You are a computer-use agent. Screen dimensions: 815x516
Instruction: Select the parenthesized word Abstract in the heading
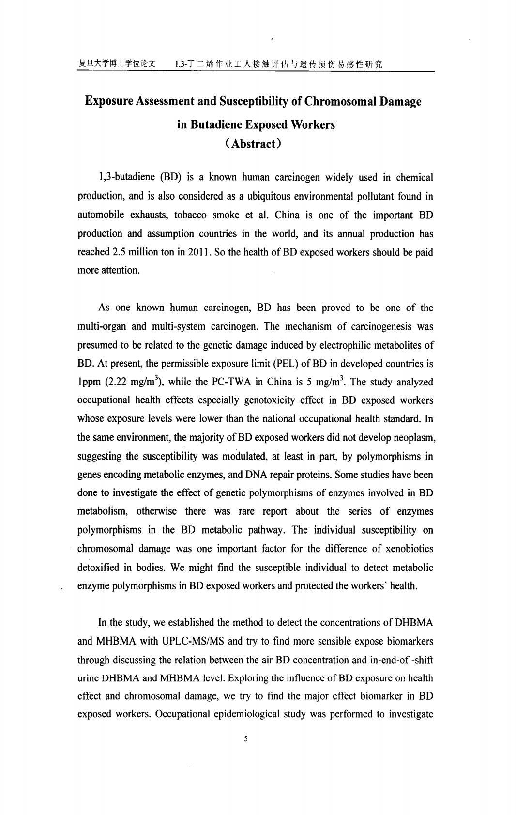254,145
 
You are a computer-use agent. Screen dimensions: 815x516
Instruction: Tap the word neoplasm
416,437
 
